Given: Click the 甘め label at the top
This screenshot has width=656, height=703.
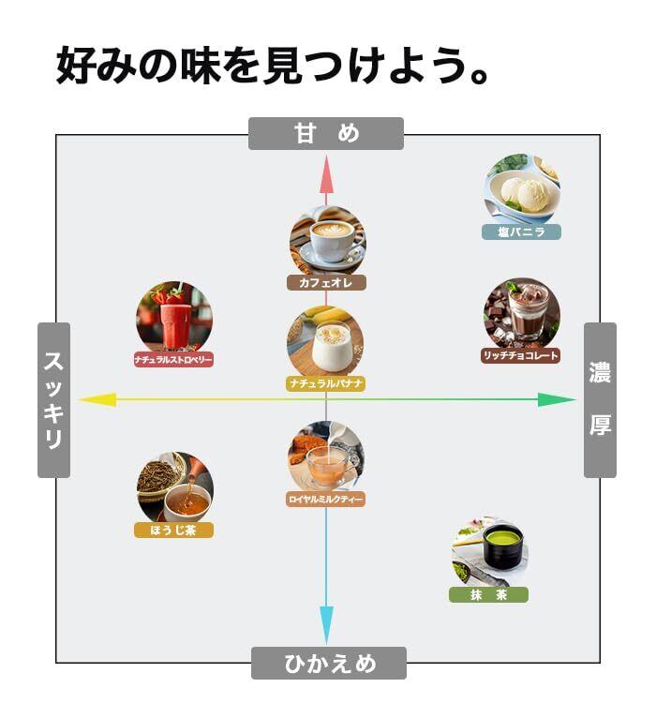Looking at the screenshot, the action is tap(325, 133).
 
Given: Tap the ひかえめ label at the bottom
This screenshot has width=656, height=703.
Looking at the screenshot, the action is tap(329, 664).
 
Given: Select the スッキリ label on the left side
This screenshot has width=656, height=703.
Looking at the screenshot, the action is tap(53, 400).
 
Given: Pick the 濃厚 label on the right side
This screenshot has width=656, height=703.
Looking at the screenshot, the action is tap(600, 400).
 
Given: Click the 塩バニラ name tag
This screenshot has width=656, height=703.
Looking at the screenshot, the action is tap(521, 232).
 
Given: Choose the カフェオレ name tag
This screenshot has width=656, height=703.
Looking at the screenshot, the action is tap(326, 281).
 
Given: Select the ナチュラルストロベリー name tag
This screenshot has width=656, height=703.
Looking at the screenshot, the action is tap(173, 359).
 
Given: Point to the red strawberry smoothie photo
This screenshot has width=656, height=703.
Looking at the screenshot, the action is tap(173, 317).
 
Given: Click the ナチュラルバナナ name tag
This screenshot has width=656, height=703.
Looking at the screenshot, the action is tap(325, 383).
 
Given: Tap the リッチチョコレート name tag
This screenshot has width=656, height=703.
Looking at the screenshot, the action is tap(521, 355).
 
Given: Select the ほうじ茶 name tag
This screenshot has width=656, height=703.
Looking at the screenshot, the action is tap(174, 531).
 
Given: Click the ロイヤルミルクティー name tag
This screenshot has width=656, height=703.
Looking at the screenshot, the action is tap(325, 500).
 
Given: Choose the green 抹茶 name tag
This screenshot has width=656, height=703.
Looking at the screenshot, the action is tap(488, 594).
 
